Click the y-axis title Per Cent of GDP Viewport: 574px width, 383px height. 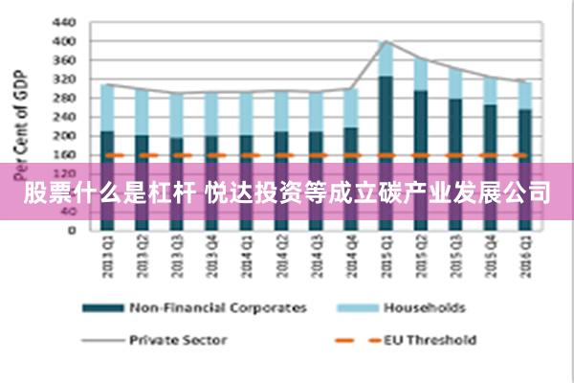click(x=16, y=113)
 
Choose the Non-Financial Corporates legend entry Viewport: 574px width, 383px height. click(x=218, y=307)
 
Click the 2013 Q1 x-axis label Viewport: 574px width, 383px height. click(x=107, y=254)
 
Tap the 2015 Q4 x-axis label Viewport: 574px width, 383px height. click(x=490, y=254)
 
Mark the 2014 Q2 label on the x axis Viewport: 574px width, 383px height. click(x=281, y=254)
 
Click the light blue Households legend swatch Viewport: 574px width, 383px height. click(x=355, y=308)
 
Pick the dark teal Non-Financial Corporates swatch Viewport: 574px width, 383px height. click(x=102, y=308)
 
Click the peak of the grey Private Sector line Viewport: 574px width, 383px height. click(x=386, y=41)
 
